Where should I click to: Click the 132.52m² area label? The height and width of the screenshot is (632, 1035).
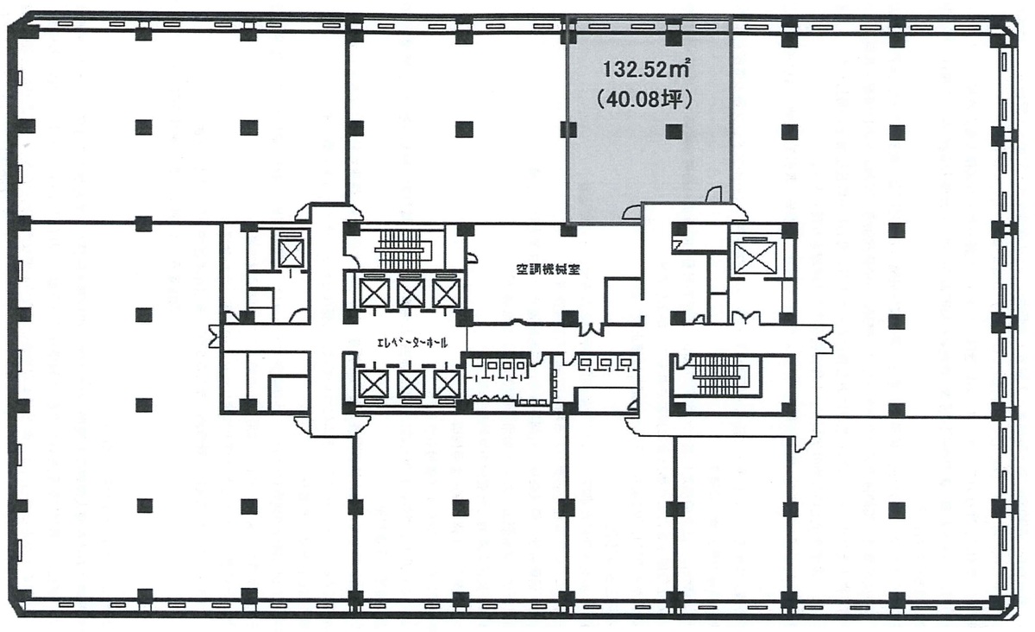tap(646, 69)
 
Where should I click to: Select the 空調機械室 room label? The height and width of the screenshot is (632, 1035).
tap(548, 269)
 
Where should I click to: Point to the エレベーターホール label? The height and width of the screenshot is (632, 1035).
tap(412, 344)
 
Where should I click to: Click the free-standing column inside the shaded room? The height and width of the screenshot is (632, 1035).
tap(674, 132)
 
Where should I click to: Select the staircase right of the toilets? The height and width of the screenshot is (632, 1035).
tap(717, 376)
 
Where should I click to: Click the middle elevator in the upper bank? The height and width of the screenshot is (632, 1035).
tap(411, 293)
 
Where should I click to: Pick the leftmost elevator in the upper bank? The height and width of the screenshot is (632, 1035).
tap(373, 293)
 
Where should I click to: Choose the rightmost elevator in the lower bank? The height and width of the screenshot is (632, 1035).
tap(447, 385)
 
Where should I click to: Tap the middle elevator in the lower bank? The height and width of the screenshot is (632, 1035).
tap(411, 385)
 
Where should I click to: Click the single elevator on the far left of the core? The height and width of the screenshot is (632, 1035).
tap(292, 254)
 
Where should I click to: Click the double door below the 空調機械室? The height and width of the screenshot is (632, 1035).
tap(591, 329)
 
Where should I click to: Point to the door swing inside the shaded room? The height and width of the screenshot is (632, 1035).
tap(713, 194)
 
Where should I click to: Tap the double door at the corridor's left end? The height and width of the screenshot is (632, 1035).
tap(216, 337)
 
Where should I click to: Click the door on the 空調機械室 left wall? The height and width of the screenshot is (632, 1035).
tap(471, 257)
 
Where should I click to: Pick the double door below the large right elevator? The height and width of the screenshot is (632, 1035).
tap(745, 319)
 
